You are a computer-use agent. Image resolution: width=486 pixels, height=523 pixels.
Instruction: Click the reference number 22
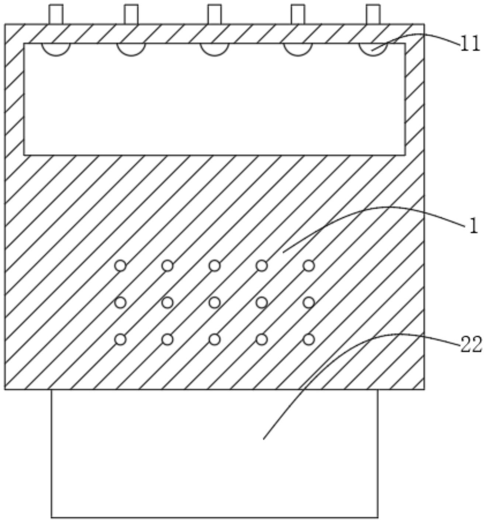[471, 345]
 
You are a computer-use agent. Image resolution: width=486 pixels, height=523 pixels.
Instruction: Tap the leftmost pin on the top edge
[56, 14]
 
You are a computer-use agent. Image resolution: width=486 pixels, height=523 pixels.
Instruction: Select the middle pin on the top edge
[214, 14]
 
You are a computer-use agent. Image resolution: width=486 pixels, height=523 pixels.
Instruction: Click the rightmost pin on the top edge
[373, 14]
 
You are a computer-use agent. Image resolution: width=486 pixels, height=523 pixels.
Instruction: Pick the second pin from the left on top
[131, 14]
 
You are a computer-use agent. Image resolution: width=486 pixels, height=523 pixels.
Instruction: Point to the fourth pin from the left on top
[298, 14]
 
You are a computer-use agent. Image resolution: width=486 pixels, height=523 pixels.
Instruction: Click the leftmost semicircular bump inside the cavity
[56, 49]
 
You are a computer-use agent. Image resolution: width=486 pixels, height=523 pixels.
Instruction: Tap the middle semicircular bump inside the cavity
[214, 49]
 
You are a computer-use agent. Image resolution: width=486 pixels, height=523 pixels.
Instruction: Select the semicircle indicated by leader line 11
[373, 49]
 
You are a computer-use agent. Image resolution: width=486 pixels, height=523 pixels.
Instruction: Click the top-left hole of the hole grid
[120, 265]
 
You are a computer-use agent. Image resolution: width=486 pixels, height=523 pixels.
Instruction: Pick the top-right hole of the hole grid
[309, 265]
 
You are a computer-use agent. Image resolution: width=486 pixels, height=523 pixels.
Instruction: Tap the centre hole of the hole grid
[215, 303]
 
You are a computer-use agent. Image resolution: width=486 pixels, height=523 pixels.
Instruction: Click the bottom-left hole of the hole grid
[120, 339]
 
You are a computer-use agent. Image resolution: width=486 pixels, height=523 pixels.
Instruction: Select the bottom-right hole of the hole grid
[309, 339]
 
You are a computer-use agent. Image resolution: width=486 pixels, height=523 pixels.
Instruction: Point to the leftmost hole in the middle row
[120, 303]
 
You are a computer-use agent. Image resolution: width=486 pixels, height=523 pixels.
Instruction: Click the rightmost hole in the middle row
[309, 303]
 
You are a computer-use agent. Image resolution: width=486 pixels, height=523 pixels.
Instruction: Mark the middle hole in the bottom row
[215, 339]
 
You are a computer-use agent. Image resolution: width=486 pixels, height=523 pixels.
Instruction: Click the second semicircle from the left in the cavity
[131, 49]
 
